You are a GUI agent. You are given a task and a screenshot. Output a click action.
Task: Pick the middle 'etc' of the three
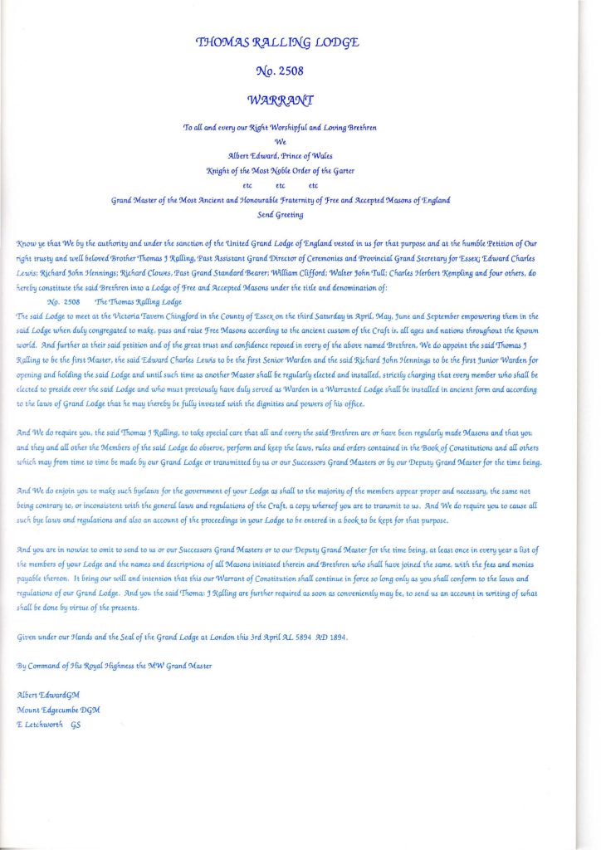(281, 185)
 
